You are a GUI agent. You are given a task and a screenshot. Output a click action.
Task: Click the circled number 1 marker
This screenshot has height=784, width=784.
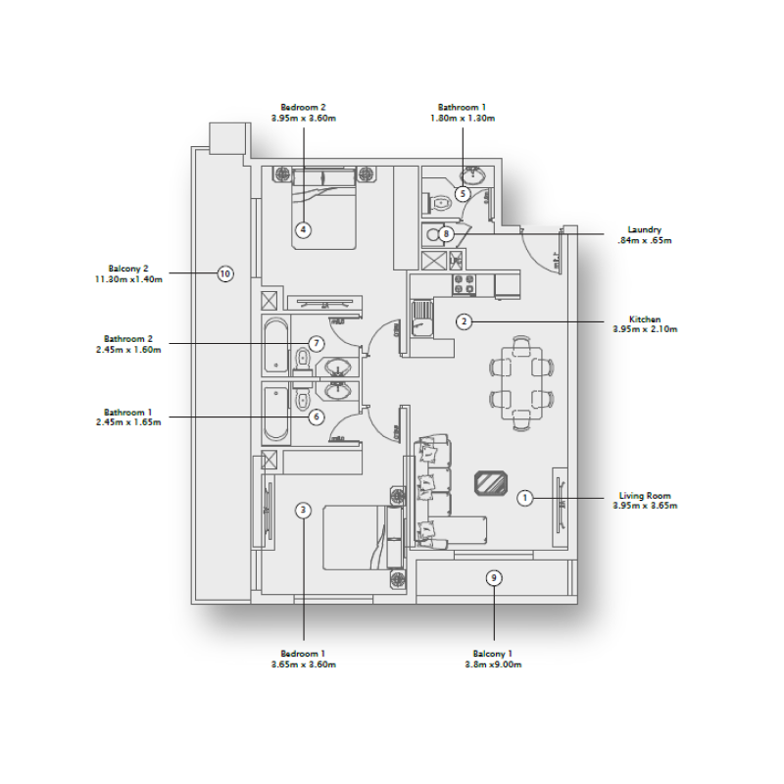[x=525, y=498]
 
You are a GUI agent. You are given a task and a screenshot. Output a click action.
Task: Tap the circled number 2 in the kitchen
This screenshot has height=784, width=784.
[x=465, y=320]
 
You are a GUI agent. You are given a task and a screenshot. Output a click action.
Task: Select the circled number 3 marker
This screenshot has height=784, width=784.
[x=304, y=510]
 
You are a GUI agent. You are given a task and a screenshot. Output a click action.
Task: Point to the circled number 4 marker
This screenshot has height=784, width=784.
[x=304, y=230]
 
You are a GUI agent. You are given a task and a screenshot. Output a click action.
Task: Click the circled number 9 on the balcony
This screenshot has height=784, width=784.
[x=494, y=578]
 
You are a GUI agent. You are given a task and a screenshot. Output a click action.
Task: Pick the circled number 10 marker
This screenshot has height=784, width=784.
[x=224, y=274]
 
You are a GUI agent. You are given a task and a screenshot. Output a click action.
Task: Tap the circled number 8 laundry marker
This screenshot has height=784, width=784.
[x=446, y=234]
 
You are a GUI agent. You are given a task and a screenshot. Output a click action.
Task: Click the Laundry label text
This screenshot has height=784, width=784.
[x=645, y=230]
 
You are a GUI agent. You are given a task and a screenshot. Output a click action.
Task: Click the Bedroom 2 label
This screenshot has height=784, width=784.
[x=303, y=107]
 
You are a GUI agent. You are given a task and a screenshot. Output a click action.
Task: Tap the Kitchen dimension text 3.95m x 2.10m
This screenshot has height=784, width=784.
[x=645, y=329]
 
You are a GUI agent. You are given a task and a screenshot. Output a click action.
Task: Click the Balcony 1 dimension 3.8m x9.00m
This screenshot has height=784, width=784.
[x=494, y=664]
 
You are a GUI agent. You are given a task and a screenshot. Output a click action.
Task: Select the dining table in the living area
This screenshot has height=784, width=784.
[x=521, y=382]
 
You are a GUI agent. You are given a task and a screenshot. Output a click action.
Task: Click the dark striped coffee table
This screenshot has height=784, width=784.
[x=490, y=483]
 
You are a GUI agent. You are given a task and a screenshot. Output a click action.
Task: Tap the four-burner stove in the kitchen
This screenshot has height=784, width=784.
[x=463, y=284]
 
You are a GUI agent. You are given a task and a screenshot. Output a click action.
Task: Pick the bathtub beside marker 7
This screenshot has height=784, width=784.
[x=275, y=347]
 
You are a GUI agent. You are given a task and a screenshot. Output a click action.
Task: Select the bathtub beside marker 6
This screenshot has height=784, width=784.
[x=275, y=416]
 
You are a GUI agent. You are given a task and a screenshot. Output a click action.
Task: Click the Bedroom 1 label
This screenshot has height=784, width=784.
[x=303, y=654]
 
